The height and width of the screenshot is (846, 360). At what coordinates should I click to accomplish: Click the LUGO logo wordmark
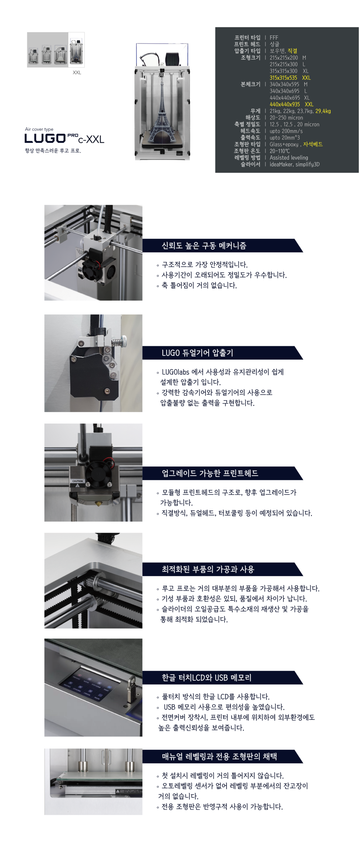click(x=45, y=138)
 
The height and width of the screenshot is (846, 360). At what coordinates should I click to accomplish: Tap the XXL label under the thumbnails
click(x=77, y=72)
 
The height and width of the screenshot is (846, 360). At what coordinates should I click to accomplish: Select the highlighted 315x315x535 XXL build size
click(x=290, y=78)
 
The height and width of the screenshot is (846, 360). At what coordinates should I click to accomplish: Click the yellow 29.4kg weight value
click(x=323, y=111)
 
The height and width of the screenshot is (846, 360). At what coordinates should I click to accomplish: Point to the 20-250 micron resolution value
click(x=286, y=118)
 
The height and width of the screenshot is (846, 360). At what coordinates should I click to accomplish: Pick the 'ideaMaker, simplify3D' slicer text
click(x=294, y=164)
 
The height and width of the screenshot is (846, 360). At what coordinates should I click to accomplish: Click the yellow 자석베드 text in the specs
click(x=313, y=144)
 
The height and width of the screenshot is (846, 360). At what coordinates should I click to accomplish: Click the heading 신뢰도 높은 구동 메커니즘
click(x=204, y=246)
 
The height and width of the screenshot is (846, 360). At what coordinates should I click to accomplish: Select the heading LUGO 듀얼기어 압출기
click(x=197, y=353)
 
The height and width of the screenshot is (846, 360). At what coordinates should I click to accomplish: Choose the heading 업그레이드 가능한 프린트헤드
click(x=210, y=473)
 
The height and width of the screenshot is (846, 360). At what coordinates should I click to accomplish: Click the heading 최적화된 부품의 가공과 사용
click(x=208, y=569)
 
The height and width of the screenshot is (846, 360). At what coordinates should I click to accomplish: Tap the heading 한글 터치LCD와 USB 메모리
click(x=206, y=678)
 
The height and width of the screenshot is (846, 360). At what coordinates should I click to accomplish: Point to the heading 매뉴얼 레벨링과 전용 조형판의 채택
click(x=219, y=756)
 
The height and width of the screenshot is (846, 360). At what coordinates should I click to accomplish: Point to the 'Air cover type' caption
click(x=39, y=129)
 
